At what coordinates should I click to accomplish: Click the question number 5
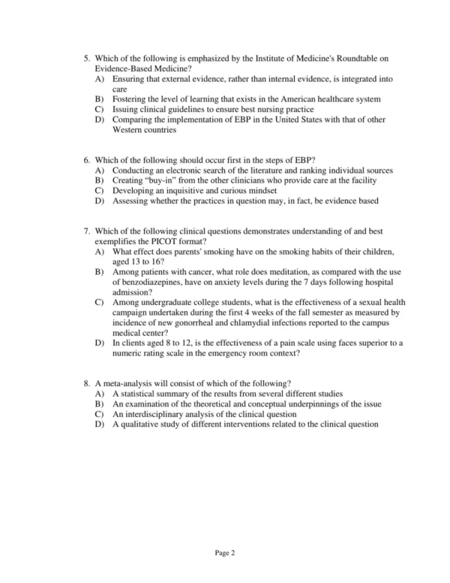[86, 58]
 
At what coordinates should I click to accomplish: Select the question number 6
[86, 161]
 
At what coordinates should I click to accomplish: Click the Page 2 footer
[224, 554]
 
